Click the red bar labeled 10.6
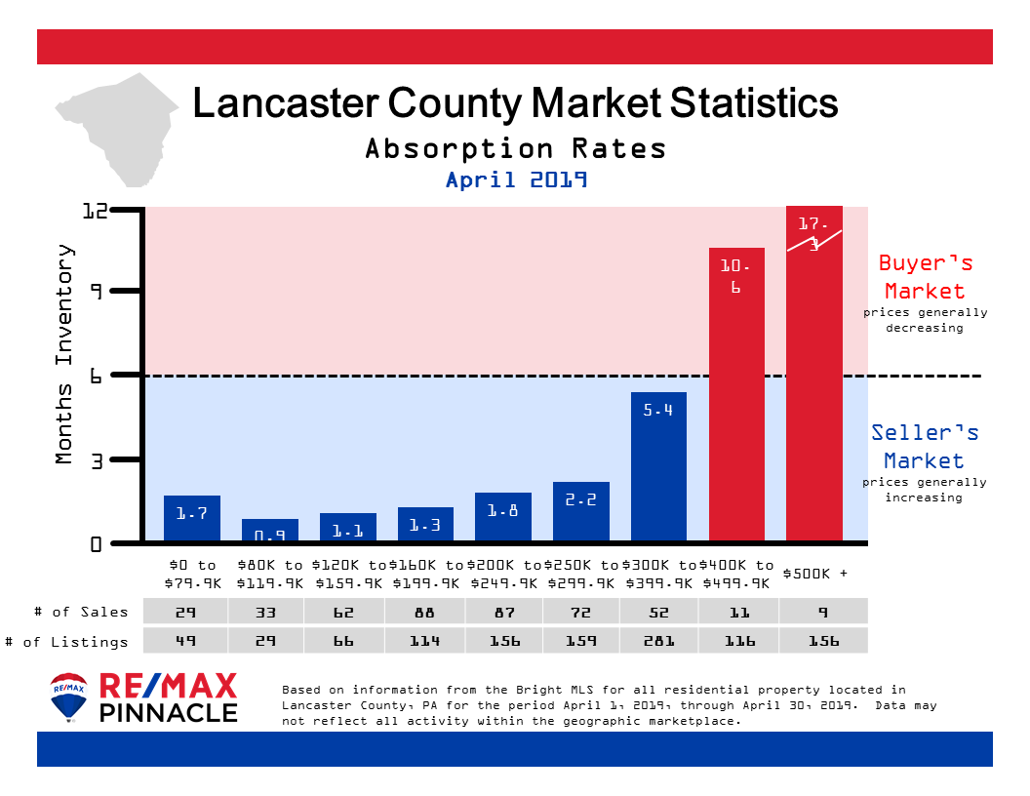tap(736, 394)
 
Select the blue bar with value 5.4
tap(658, 466)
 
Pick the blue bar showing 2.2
tap(580, 511)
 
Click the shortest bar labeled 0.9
tap(269, 530)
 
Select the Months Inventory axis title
tap(65, 353)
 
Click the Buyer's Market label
tap(924, 277)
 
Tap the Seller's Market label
tap(924, 447)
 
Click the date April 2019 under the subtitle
tap(516, 180)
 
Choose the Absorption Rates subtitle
tap(516, 148)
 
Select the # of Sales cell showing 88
tap(424, 612)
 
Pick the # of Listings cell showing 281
tap(658, 641)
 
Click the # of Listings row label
tap(67, 641)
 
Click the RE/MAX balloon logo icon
tap(69, 696)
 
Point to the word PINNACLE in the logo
tap(169, 712)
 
